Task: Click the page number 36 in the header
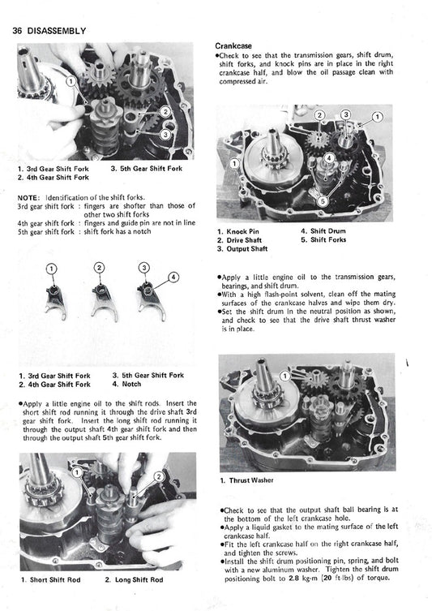pos(17,31)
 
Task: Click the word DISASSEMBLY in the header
pos(57,31)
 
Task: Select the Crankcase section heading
pos(233,45)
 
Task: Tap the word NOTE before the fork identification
pos(28,197)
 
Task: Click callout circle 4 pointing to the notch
pos(173,277)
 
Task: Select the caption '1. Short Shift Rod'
pos(50,580)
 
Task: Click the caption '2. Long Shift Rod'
pos(134,580)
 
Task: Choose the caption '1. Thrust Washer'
pos(246,480)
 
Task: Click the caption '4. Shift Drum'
pos(323,231)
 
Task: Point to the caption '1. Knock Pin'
pos(238,231)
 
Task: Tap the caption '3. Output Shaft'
pos(242,248)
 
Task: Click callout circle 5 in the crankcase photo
pos(323,200)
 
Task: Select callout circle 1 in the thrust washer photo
pos(285,376)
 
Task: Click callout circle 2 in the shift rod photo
pos(159,476)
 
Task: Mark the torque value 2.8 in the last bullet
pos(294,579)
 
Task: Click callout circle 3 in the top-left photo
pos(165,135)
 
